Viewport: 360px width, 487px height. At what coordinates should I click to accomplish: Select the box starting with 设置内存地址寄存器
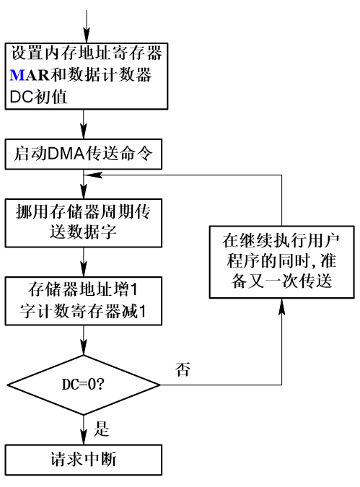(x=85, y=74)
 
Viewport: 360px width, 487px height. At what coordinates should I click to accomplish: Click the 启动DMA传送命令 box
(x=85, y=153)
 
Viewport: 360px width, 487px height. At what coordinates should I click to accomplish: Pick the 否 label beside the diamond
(x=183, y=369)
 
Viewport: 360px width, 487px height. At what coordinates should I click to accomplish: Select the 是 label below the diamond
(x=102, y=431)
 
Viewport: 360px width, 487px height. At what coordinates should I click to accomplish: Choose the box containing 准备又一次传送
(x=281, y=260)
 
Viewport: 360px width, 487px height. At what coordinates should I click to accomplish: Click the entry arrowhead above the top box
(x=85, y=35)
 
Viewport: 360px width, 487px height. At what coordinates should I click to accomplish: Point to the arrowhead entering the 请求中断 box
(x=85, y=441)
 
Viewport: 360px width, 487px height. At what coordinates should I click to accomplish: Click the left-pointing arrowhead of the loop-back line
(x=91, y=174)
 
